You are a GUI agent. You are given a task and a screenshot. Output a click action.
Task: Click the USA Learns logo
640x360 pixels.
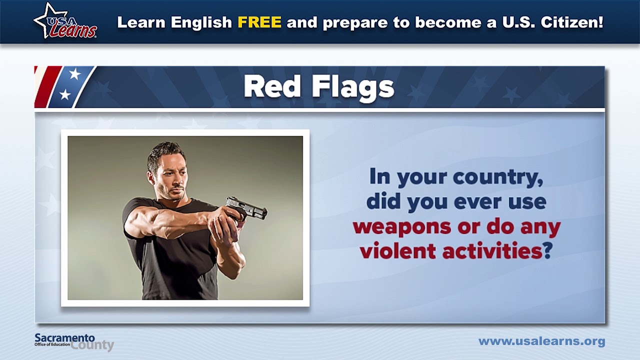[65, 21]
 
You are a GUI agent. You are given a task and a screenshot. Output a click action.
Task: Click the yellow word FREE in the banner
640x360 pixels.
[259, 22]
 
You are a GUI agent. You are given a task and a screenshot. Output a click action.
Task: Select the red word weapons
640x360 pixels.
[401, 226]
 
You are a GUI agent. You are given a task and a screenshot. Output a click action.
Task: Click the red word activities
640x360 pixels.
[492, 250]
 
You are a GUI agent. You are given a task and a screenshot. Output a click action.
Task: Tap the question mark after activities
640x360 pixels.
[547, 250]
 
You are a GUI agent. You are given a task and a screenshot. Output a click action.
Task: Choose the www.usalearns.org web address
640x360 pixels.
[541, 341]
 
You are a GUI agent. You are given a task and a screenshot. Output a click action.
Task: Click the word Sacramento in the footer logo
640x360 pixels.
[64, 338]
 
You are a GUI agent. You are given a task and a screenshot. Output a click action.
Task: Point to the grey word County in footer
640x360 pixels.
[92, 345]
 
